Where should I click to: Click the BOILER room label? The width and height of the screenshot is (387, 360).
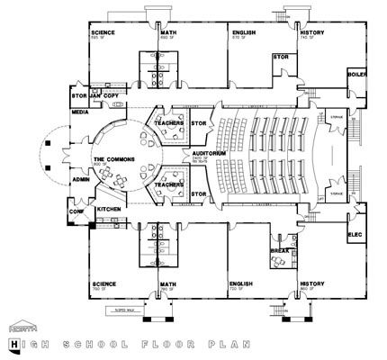[357, 75]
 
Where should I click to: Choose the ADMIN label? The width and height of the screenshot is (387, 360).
[80, 179]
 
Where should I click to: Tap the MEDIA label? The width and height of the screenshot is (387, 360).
[81, 114]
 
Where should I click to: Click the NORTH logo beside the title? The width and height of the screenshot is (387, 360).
[19, 327]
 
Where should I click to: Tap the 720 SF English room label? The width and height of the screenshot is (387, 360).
[238, 286]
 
